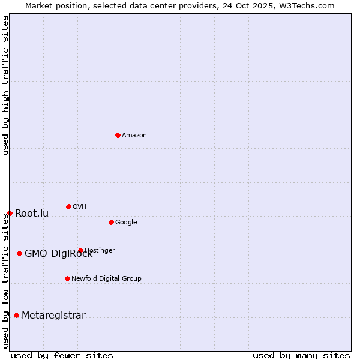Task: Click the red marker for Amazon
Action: (x=118, y=135)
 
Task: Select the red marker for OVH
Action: (x=68, y=206)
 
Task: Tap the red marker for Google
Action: (x=111, y=222)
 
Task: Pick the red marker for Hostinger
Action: (x=80, y=250)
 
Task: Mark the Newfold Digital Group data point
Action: (x=67, y=278)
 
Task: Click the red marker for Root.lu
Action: (x=10, y=213)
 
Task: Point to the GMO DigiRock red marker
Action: (x=19, y=253)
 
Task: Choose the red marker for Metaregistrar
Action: (x=16, y=315)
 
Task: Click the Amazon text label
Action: (x=134, y=136)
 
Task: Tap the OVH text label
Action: (x=80, y=207)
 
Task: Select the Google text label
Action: (x=126, y=223)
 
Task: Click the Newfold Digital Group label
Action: (x=106, y=278)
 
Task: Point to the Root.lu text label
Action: (x=32, y=214)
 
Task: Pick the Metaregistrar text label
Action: (x=53, y=316)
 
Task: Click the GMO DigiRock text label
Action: (x=58, y=254)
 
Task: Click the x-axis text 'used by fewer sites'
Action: (x=62, y=355)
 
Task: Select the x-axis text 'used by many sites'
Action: (x=301, y=355)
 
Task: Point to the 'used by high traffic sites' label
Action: (x=5, y=86)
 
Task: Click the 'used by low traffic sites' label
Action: (x=5, y=281)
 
